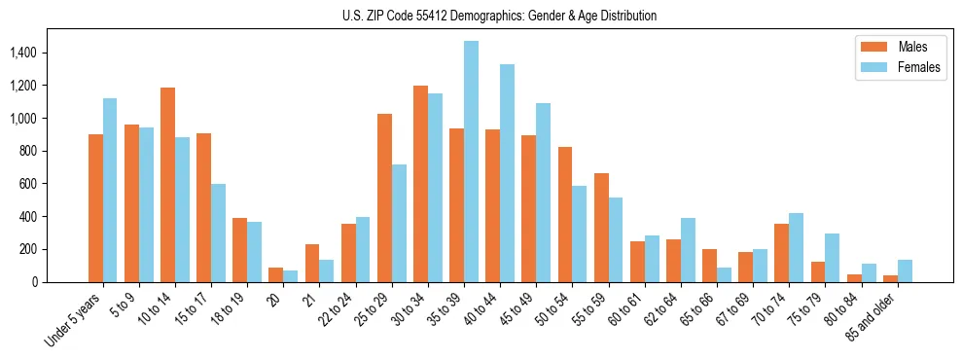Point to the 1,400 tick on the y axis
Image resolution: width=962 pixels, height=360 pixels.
[24, 53]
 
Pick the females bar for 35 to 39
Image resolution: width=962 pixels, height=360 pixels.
[471, 162]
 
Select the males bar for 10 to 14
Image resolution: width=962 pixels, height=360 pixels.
[168, 185]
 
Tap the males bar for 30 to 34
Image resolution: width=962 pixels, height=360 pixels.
[420, 184]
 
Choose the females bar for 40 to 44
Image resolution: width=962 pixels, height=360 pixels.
[507, 173]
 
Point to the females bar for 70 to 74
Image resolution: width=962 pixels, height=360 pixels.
[796, 247]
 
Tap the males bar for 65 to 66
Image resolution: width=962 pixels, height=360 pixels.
[709, 266]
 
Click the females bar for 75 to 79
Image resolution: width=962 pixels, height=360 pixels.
[832, 258]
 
